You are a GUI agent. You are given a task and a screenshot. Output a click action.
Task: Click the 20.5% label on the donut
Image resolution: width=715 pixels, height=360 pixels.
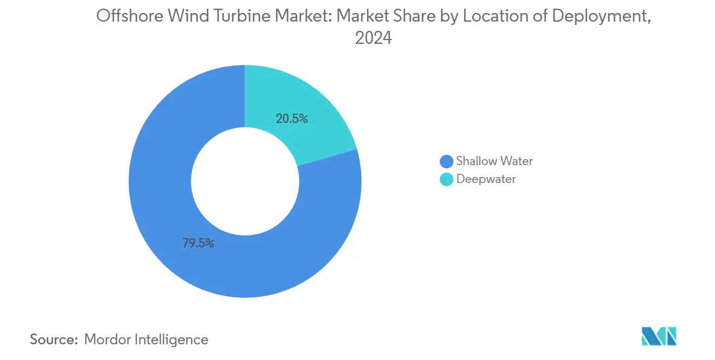291,119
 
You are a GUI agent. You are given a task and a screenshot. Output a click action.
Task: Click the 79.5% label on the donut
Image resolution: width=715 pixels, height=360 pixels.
198,243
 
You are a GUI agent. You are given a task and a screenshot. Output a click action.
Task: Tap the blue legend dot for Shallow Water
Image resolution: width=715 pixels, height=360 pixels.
446,161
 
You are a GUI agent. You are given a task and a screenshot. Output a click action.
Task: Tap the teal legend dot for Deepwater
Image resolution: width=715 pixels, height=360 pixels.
446,179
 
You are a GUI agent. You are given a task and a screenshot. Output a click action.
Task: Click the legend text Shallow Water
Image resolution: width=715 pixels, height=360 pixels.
494,161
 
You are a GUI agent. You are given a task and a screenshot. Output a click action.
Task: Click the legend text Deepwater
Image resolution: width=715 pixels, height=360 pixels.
486,179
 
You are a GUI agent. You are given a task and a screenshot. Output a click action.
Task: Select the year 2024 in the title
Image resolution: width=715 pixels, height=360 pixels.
373,39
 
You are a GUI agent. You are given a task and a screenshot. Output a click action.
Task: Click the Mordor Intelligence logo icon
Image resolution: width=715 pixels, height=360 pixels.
659,336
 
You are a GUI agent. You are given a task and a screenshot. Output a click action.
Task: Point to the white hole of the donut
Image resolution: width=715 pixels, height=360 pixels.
245,181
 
